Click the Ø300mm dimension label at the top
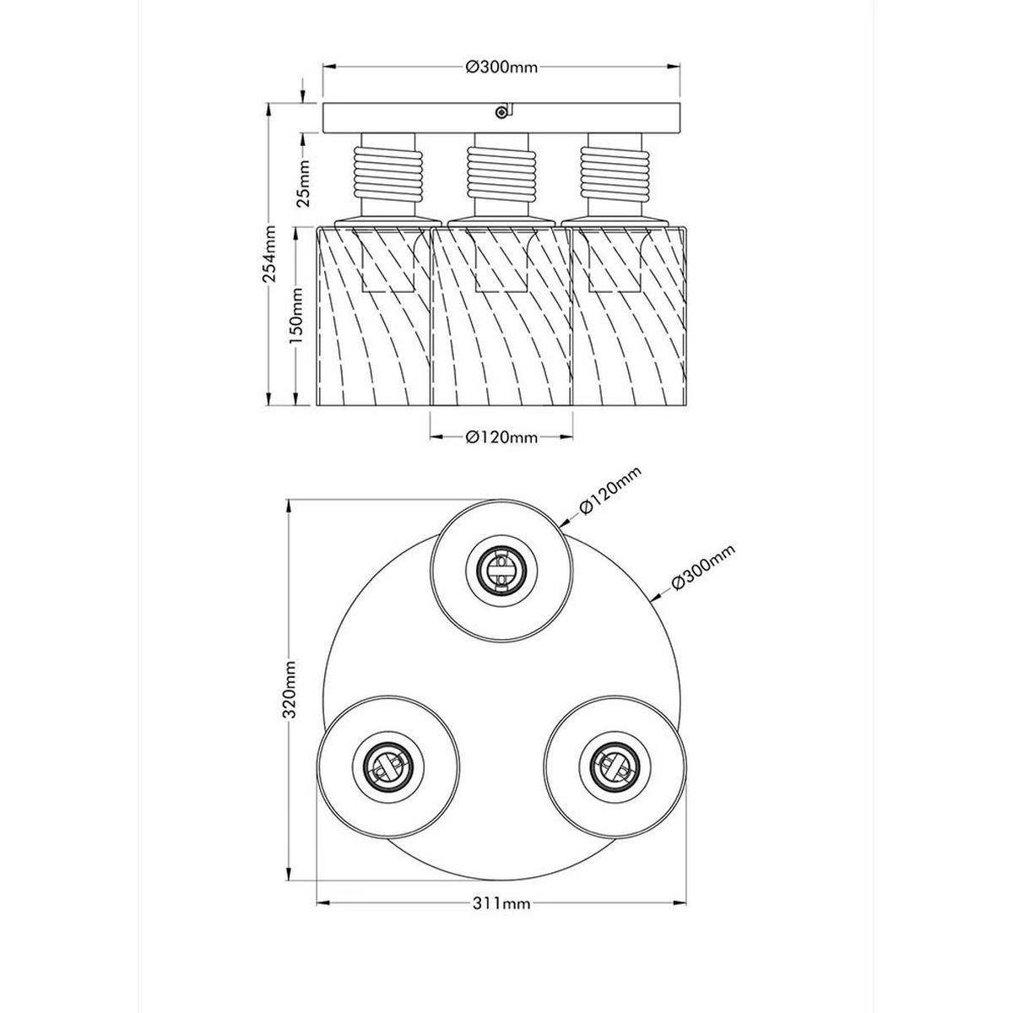pyautogui.click(x=501, y=68)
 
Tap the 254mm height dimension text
pyautogui.click(x=269, y=254)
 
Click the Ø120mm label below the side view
pyautogui.click(x=501, y=436)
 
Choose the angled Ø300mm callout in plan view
pyautogui.click(x=703, y=568)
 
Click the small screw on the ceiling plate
pyautogui.click(x=502, y=111)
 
